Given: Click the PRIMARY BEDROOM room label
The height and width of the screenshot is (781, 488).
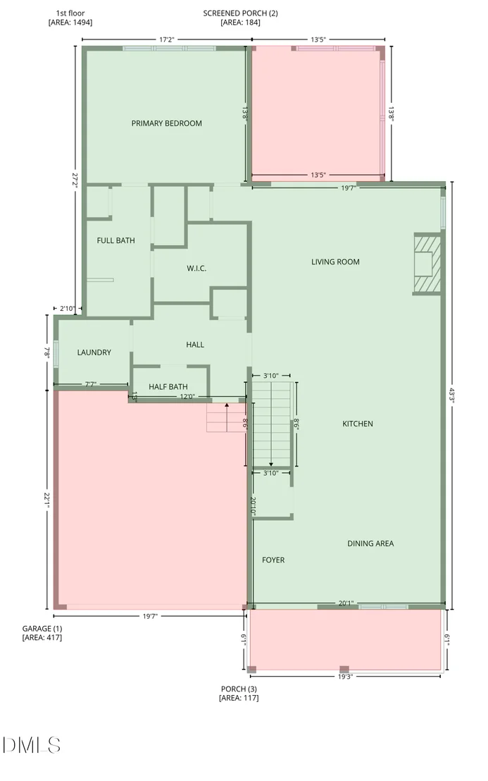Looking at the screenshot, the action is pyautogui.click(x=167, y=123).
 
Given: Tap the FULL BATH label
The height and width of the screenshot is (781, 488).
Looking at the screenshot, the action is pyautogui.click(x=116, y=240).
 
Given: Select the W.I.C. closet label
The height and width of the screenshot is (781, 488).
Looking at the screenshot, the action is pyautogui.click(x=196, y=268).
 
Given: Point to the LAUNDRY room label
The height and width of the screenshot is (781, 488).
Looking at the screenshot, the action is pyautogui.click(x=94, y=352).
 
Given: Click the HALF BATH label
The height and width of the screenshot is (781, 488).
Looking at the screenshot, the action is pyautogui.click(x=168, y=386).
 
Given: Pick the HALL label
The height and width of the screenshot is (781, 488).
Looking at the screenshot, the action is pyautogui.click(x=195, y=344).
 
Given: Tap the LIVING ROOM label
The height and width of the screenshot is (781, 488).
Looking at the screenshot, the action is pyautogui.click(x=335, y=262).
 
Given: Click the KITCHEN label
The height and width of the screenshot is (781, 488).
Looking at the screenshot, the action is pyautogui.click(x=358, y=424).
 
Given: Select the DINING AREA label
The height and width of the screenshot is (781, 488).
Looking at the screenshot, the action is pyautogui.click(x=370, y=543).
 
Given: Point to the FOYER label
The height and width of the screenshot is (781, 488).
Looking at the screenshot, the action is pyautogui.click(x=274, y=560).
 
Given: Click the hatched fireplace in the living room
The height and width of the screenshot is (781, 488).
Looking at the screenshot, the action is pyautogui.click(x=427, y=264).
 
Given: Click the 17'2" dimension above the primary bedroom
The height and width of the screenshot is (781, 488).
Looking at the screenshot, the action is pyautogui.click(x=167, y=39).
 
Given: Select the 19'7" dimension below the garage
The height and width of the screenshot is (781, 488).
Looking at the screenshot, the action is pyautogui.click(x=150, y=616).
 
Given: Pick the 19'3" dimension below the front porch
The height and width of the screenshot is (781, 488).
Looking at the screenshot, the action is pyautogui.click(x=345, y=677).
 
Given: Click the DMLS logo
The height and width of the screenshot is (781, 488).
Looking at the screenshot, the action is pyautogui.click(x=32, y=745).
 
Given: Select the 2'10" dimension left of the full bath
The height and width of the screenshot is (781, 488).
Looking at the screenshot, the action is pyautogui.click(x=67, y=309).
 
